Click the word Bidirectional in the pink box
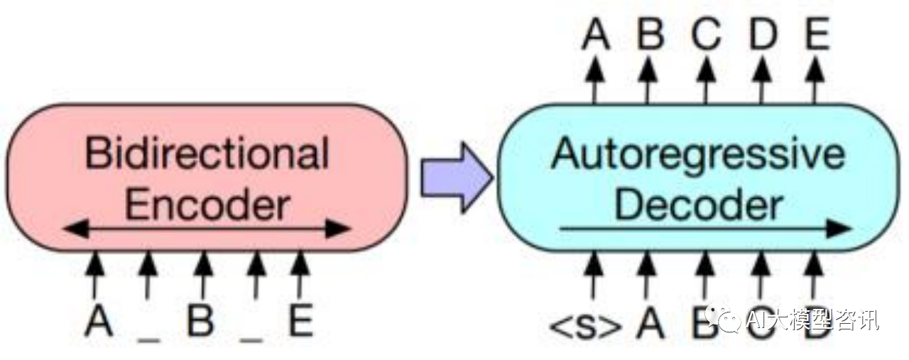click(x=207, y=153)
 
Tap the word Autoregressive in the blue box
click(x=698, y=153)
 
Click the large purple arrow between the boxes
click(x=455, y=178)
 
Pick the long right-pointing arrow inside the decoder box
click(x=705, y=229)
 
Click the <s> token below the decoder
click(x=585, y=324)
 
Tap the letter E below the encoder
click(x=300, y=321)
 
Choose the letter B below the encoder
click(x=201, y=321)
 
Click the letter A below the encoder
click(x=99, y=321)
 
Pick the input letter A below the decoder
click(x=649, y=323)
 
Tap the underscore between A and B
click(x=148, y=339)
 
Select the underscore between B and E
click(x=251, y=339)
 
